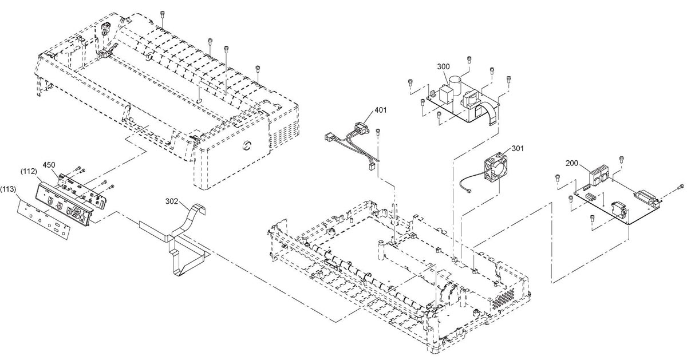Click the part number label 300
(443, 66)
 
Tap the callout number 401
(380, 110)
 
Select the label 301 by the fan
(518, 149)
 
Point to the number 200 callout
(572, 164)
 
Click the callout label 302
(172, 201)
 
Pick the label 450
(49, 165)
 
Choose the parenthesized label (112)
(28, 171)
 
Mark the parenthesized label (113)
(8, 189)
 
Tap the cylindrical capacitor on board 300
(455, 86)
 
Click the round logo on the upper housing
(246, 145)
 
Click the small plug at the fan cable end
(468, 191)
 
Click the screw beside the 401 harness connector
(378, 131)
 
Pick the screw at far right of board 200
(680, 186)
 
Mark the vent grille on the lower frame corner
(503, 298)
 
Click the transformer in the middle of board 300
(470, 100)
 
